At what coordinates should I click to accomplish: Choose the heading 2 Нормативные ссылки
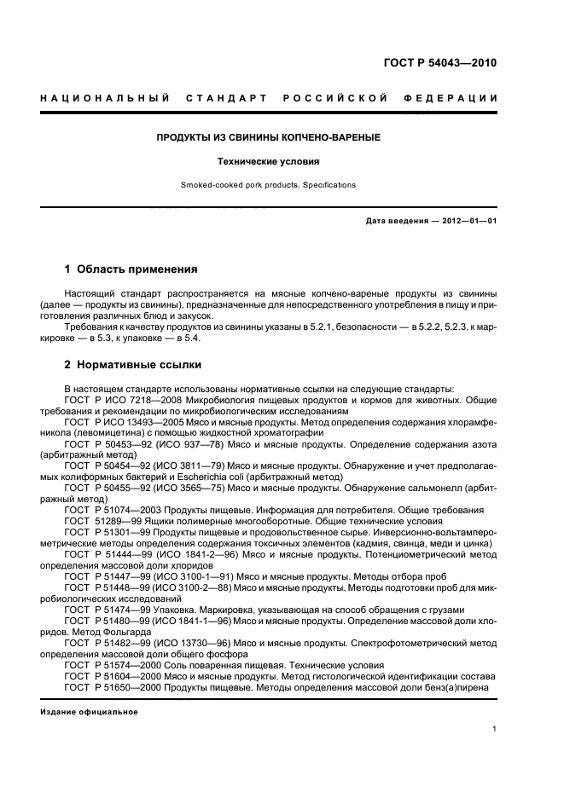coord(133,365)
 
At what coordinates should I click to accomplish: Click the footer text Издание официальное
coord(89,711)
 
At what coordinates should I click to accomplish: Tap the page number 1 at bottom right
coord(495,728)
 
